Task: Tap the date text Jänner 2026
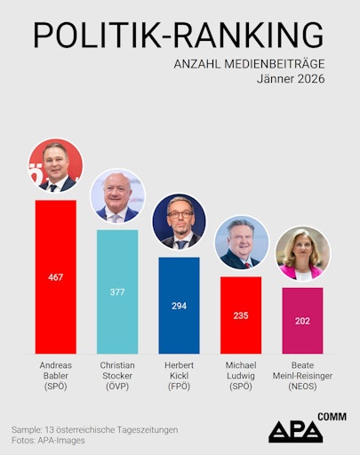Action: tap(290, 79)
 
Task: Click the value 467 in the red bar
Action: tap(55, 278)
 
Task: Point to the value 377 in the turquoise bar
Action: tap(117, 290)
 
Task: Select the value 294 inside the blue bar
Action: tap(179, 305)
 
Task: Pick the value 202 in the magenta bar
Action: tap(302, 321)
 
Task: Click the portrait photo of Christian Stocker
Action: tap(117, 196)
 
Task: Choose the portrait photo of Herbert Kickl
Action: tap(179, 221)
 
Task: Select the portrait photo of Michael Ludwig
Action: tap(241, 242)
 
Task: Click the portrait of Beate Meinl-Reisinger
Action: tap(302, 253)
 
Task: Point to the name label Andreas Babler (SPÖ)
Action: tap(55, 376)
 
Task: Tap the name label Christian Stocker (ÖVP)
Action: tap(117, 376)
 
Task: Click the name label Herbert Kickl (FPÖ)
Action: tap(179, 376)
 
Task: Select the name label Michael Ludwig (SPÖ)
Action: tap(240, 376)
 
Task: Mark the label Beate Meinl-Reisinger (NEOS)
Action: tap(302, 376)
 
